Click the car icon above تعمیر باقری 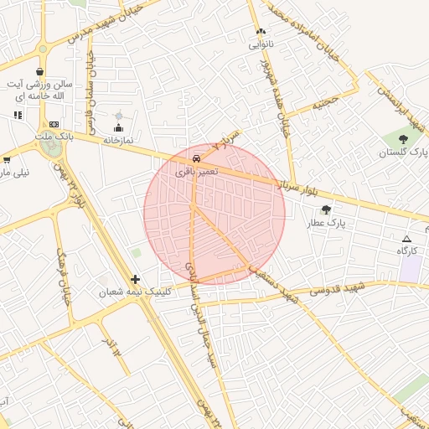pyautogui.click(x=195, y=158)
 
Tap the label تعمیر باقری pyautogui.click(x=196, y=170)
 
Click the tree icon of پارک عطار pyautogui.click(x=326, y=210)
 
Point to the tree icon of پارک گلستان pyautogui.click(x=404, y=139)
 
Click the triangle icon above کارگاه pyautogui.click(x=407, y=239)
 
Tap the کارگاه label pyautogui.click(x=408, y=251)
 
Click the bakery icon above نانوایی pyautogui.click(x=261, y=33)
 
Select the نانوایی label pyautogui.click(x=261, y=45)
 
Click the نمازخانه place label pyautogui.click(x=119, y=141)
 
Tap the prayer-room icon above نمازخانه pyautogui.click(x=118, y=128)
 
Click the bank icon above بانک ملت pyautogui.click(x=54, y=124)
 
